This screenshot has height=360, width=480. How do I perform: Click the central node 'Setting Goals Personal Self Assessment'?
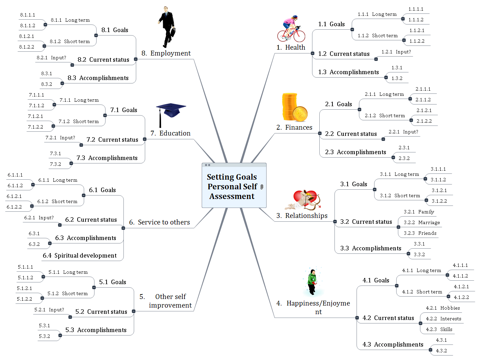(x=232, y=187)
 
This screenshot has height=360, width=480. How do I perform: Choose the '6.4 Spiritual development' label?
(x=80, y=256)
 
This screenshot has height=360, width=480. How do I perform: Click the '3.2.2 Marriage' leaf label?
(x=422, y=223)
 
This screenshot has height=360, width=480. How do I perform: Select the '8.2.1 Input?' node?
(x=51, y=58)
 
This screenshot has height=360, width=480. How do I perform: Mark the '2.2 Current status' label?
(x=351, y=134)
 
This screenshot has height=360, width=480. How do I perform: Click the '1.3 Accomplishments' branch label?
(x=348, y=72)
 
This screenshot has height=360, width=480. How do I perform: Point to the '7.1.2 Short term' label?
(x=79, y=122)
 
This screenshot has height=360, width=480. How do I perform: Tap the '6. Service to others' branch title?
(x=159, y=222)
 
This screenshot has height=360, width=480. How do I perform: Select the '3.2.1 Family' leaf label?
(x=419, y=212)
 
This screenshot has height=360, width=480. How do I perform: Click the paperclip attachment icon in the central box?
(x=262, y=187)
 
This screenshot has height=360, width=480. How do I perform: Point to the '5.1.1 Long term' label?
(x=68, y=272)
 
